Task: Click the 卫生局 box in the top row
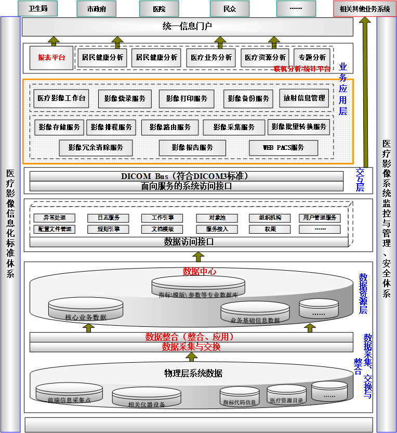[x=38, y=8]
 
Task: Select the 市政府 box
[x=96, y=8]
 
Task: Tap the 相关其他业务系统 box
[x=364, y=8]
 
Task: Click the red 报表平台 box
[x=51, y=57]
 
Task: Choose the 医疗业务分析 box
[x=211, y=57]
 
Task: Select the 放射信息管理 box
[x=304, y=98]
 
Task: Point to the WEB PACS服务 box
[x=283, y=148]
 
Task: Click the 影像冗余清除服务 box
[x=96, y=148]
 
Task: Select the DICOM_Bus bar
[x=187, y=176]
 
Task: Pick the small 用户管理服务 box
[x=319, y=218]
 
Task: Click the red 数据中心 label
[x=200, y=272]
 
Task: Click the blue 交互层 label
[x=360, y=180]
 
